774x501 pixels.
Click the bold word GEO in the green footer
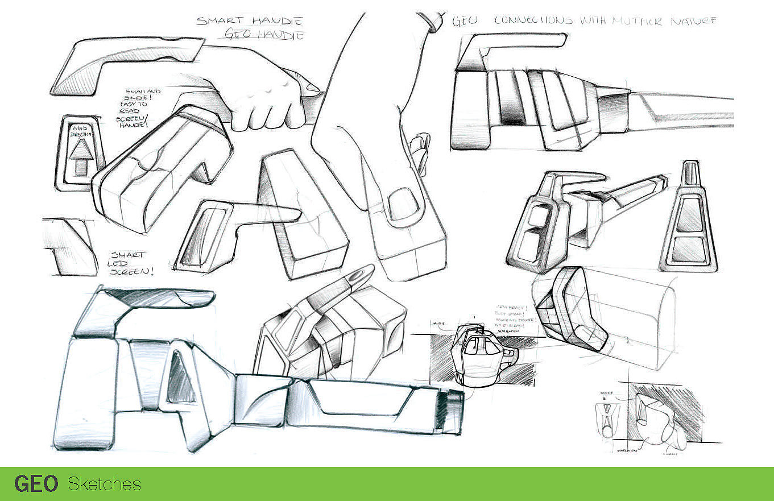(x=36, y=484)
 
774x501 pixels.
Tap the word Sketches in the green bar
(x=104, y=484)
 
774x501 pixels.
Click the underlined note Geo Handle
(x=264, y=35)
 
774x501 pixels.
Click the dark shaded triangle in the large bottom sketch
(x=181, y=378)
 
